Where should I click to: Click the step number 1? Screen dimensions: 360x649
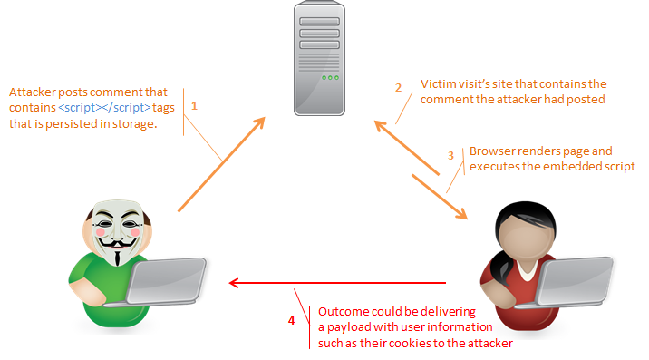coord(194,106)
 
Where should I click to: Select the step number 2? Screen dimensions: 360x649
coord(398,88)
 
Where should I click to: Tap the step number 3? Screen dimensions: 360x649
coord(451,155)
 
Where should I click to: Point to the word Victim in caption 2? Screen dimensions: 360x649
coord(437,83)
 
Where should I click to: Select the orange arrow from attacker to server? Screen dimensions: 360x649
coord(222,163)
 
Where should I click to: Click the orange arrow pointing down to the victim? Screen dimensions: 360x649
coord(439,193)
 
